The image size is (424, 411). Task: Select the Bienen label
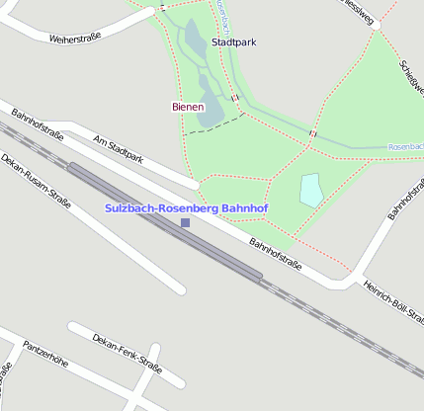tap(187, 107)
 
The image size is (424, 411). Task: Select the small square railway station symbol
tap(185, 222)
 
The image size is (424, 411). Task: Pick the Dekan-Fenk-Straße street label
tap(126, 354)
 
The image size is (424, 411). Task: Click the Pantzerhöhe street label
tap(45, 356)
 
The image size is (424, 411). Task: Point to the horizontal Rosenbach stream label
tap(405, 147)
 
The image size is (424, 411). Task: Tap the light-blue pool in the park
tap(311, 190)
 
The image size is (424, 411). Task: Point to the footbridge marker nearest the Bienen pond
tap(235, 97)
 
